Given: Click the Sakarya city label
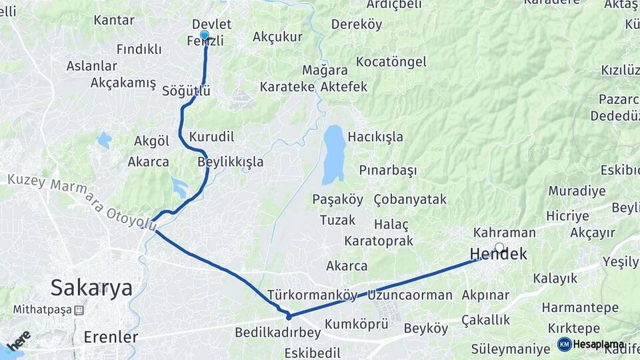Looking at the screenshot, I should (91, 288).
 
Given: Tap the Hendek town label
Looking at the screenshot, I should (499, 254).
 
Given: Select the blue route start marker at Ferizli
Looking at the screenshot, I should (205, 35).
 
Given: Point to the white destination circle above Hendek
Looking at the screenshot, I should (499, 247).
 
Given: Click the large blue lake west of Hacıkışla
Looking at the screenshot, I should (333, 155).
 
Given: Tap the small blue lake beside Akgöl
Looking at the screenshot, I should (104, 140).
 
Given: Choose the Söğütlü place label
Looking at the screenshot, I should (186, 91).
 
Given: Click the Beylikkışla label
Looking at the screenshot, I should (231, 162).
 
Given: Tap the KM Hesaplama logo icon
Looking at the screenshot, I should (565, 344).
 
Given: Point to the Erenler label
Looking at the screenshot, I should (111, 337).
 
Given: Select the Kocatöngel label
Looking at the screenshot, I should (391, 62).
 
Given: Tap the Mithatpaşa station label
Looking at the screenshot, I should (43, 310).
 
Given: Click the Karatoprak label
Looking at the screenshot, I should (379, 241).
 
